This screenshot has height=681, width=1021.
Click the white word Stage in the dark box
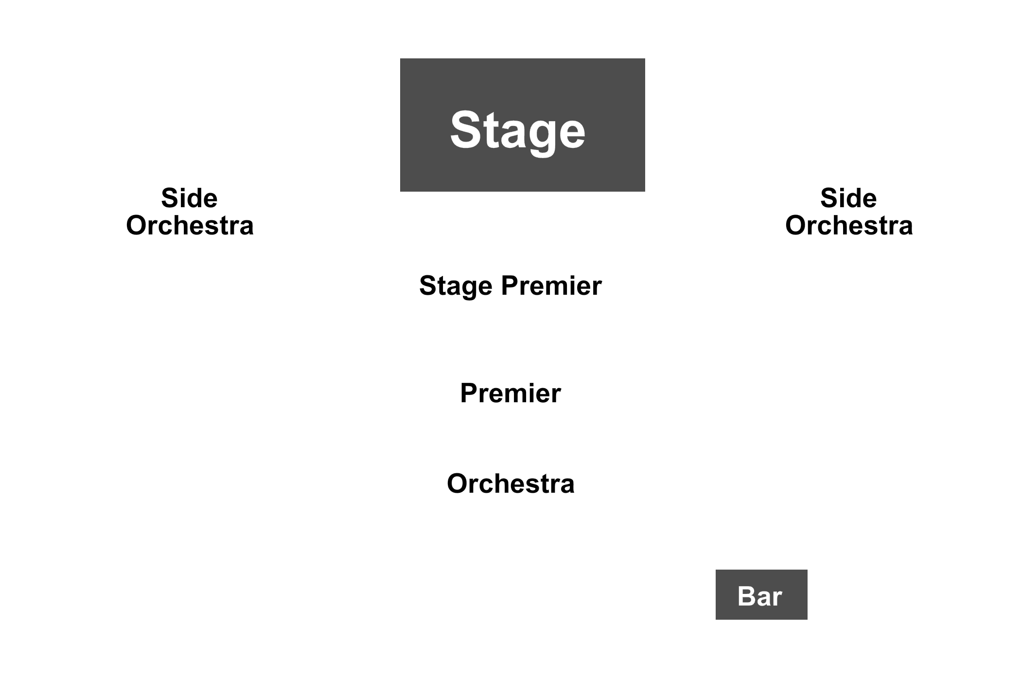517,130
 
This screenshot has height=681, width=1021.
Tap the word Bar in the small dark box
759,596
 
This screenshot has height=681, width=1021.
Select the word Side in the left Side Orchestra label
189,198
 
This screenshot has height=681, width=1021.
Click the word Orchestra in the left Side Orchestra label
190,225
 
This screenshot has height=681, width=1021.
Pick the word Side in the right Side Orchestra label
848,198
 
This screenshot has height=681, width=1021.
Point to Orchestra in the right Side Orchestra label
849,225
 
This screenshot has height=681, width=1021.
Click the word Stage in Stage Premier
456,286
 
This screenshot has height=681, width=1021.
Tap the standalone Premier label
510,393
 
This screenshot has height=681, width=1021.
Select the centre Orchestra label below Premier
510,484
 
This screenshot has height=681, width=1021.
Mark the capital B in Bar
746,596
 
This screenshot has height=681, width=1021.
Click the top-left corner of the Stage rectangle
400,58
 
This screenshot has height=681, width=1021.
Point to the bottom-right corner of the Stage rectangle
645,192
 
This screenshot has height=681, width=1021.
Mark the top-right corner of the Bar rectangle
808,570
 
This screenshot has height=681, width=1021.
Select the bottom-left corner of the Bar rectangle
716,620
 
